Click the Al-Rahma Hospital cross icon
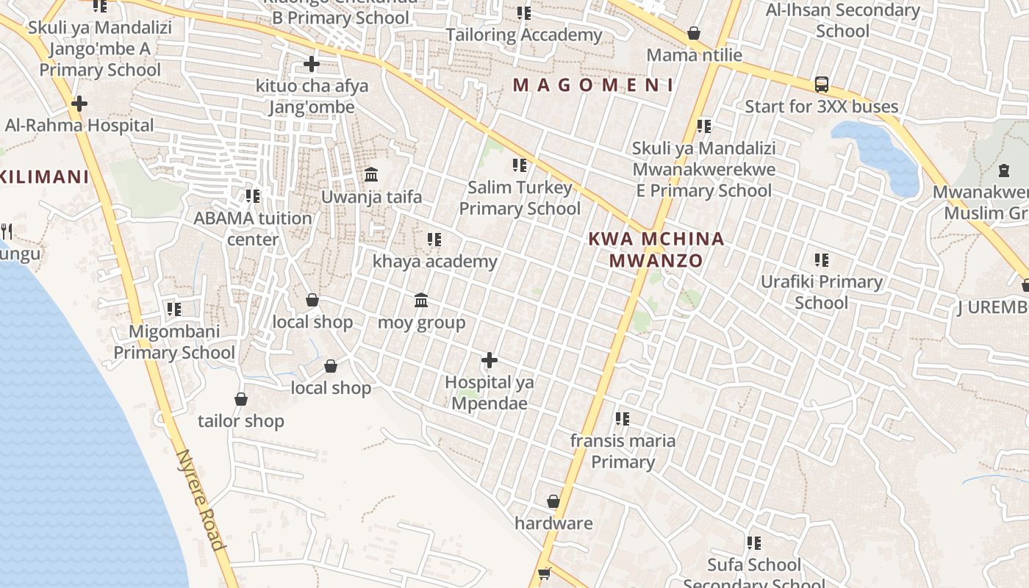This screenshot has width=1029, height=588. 79,104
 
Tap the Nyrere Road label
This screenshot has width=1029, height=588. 200,499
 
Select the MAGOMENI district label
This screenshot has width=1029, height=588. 592,85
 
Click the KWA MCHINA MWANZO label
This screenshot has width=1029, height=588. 656,250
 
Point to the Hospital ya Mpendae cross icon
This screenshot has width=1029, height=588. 490,360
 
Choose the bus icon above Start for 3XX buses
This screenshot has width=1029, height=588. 822,85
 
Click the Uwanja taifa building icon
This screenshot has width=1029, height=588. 371,175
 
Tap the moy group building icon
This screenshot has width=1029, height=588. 421,300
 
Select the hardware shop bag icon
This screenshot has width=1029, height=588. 553,501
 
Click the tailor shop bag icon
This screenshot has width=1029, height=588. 241,399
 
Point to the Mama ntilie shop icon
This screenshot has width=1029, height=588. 693,33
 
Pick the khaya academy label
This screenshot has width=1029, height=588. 435,262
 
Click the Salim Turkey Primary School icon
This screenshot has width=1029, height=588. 520,165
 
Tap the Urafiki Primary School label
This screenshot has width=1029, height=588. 821,292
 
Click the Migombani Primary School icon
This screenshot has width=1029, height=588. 173,309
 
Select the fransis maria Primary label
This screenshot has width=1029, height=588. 623,451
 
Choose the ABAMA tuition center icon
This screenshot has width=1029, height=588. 253,196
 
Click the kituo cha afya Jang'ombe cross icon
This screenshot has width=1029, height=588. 312,64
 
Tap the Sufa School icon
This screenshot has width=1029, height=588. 753,543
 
